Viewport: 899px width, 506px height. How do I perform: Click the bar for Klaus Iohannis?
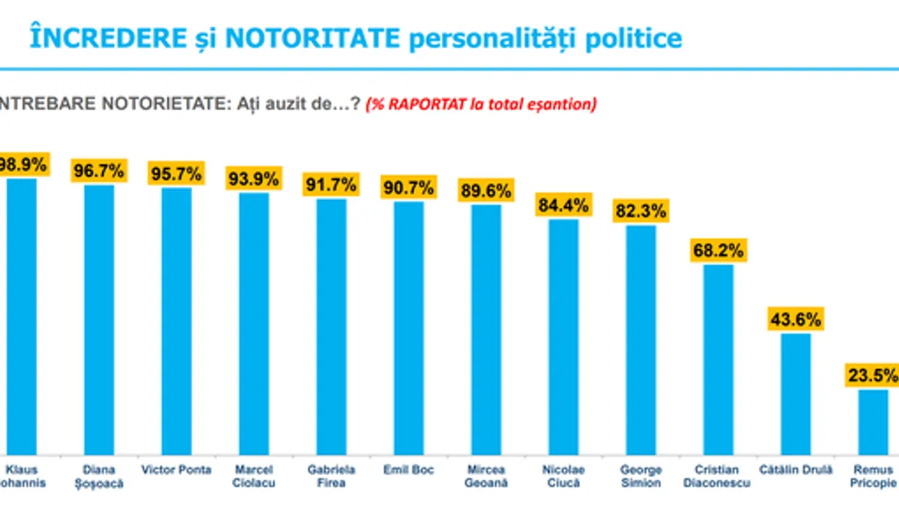(21, 315)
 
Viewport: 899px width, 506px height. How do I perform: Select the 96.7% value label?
(98, 170)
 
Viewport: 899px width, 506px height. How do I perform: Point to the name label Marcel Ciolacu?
(254, 476)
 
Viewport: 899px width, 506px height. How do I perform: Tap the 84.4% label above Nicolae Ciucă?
(563, 204)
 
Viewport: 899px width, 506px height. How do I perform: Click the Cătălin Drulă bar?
(796, 394)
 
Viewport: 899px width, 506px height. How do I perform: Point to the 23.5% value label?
(872, 375)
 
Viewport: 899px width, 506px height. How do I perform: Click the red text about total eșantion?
(481, 104)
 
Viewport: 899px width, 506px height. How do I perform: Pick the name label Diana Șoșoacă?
(99, 476)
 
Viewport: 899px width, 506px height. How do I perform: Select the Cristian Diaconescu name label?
(717, 476)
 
